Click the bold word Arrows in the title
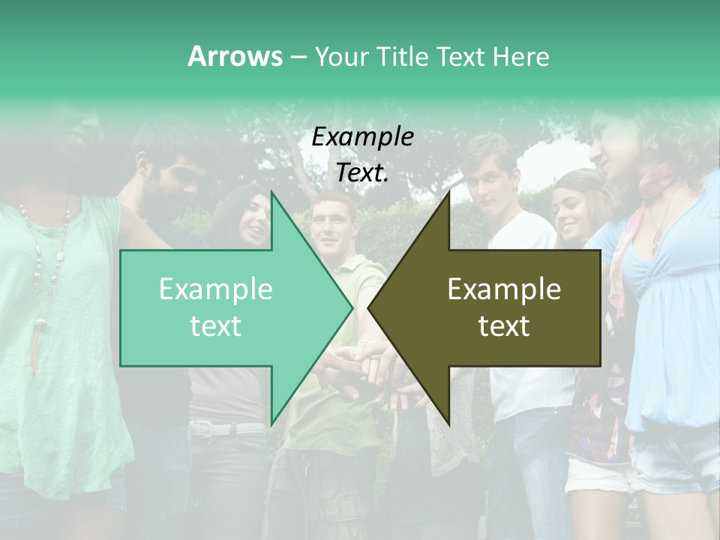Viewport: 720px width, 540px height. tap(235, 56)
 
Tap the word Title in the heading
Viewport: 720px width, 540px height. tap(403, 56)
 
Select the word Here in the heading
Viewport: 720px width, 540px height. tap(520, 56)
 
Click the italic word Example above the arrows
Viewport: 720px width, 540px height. tap(362, 136)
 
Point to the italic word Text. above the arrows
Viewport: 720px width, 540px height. tap(362, 173)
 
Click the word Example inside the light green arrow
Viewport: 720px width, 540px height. tap(215, 289)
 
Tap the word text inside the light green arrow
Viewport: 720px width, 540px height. tap(215, 326)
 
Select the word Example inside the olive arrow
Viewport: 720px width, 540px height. tap(504, 289)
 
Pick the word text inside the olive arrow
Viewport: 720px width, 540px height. tap(504, 326)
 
